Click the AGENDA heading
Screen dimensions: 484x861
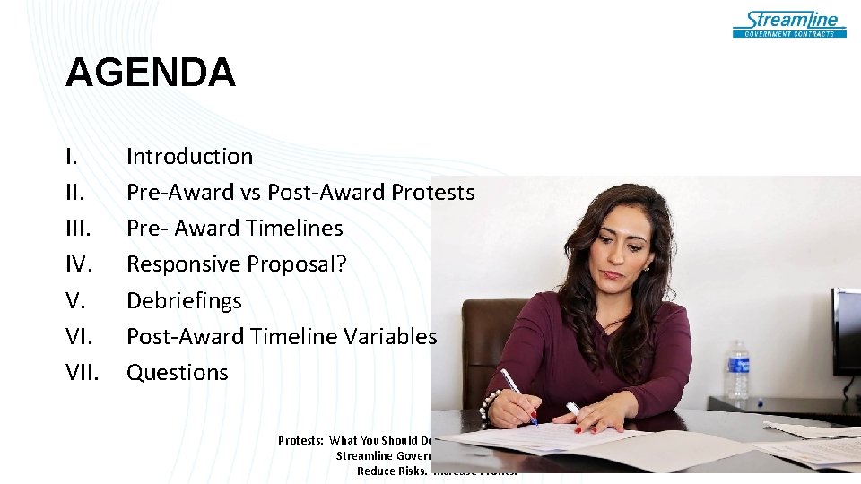150,73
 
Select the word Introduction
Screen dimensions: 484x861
189,156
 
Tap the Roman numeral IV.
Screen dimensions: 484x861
80,264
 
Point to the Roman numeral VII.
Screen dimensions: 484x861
83,372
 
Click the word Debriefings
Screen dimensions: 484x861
184,300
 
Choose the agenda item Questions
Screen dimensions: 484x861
178,372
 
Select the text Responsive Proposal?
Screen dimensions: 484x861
236,264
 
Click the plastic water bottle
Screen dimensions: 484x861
737,369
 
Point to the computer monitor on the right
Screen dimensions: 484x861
846,332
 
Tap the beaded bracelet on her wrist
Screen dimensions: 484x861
490,404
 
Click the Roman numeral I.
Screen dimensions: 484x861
69,156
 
